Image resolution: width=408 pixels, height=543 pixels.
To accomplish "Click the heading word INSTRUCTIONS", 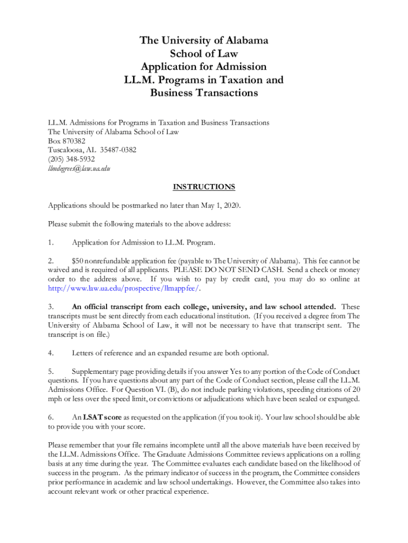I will (x=204, y=187).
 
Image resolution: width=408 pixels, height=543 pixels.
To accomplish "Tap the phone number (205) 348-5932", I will (x=72, y=159).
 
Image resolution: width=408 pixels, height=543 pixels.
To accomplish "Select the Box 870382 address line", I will (x=67, y=141).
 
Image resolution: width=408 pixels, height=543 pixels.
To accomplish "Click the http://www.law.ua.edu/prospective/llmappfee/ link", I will (x=124, y=288).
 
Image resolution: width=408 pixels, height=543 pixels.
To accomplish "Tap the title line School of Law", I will (x=204, y=54).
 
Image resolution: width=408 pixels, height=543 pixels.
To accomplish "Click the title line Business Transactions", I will (x=204, y=93).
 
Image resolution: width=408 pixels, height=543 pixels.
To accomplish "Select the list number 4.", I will (x=51, y=353).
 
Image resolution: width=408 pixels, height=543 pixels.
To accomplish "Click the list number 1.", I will (x=51, y=243).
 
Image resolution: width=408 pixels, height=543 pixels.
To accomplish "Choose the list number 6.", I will (x=51, y=417).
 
